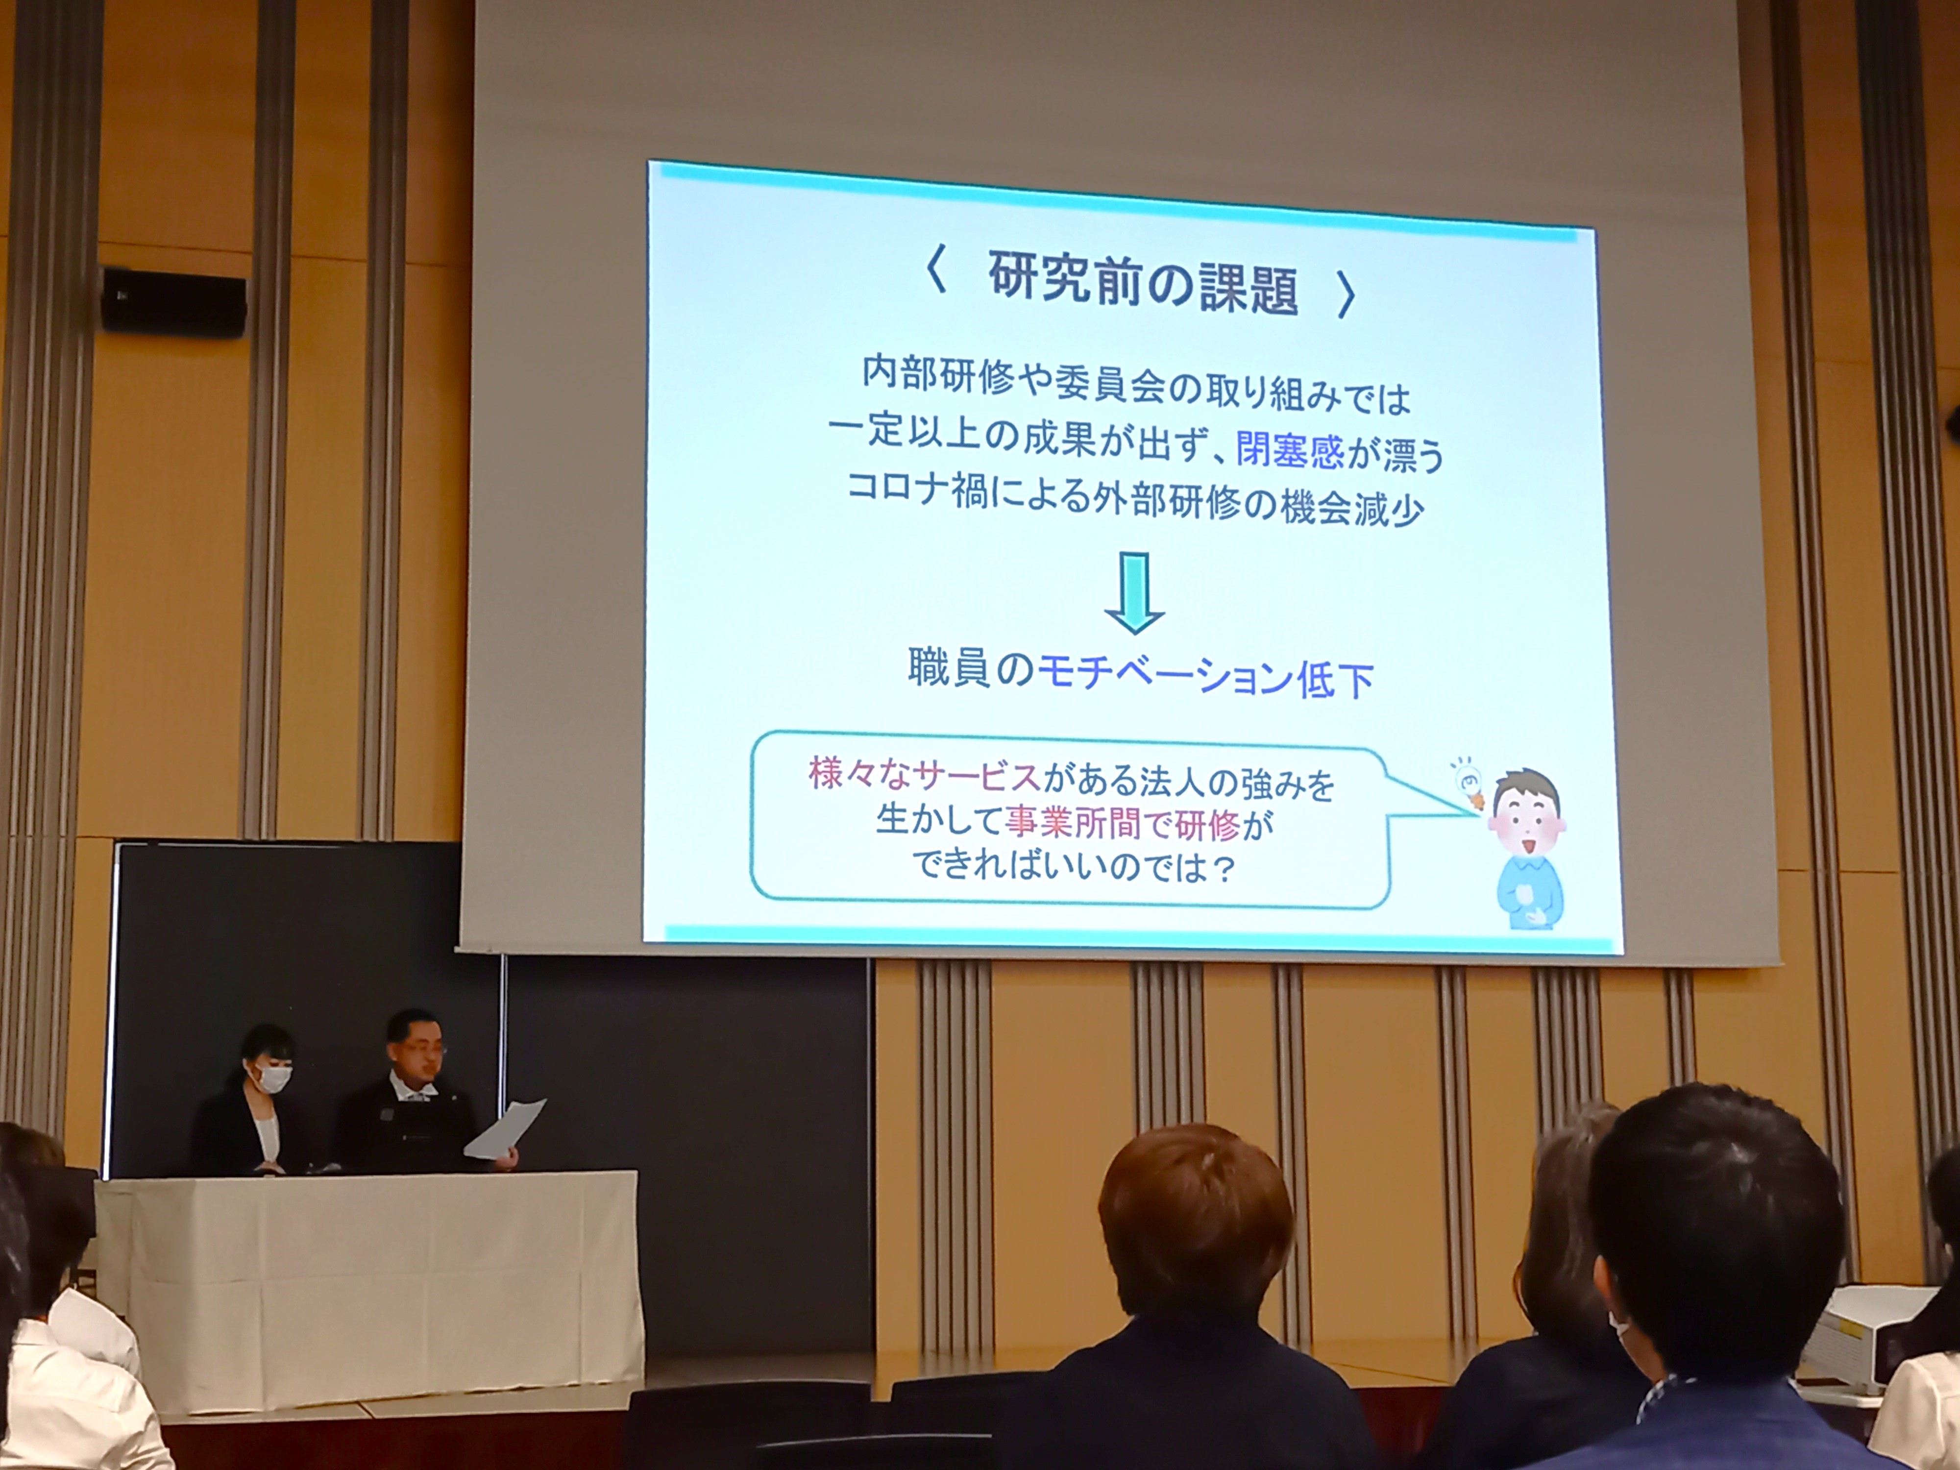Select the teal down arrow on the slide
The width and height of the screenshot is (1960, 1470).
[x=1134, y=593]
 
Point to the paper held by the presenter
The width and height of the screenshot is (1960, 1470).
[x=504, y=1130]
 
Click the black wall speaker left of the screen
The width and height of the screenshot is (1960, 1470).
[x=173, y=298]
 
